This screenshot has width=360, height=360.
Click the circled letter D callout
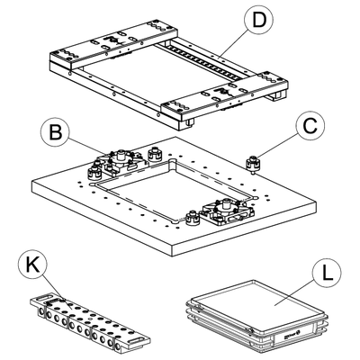pos(259,20)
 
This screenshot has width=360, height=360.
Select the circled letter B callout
pos(56,132)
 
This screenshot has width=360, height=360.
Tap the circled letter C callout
pos(310,127)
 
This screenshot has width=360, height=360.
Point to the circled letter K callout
pos(32,265)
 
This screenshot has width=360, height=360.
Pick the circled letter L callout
pos(327,274)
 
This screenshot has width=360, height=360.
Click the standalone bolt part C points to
pos(253,165)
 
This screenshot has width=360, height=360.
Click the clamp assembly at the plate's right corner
pos(228,211)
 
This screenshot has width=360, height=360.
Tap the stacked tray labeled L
pos(256,318)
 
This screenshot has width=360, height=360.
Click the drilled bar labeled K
pos(90,322)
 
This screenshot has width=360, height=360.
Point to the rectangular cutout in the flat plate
pos(174,191)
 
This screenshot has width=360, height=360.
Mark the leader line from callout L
pos(295,291)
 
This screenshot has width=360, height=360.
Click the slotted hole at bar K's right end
pos(137,340)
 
